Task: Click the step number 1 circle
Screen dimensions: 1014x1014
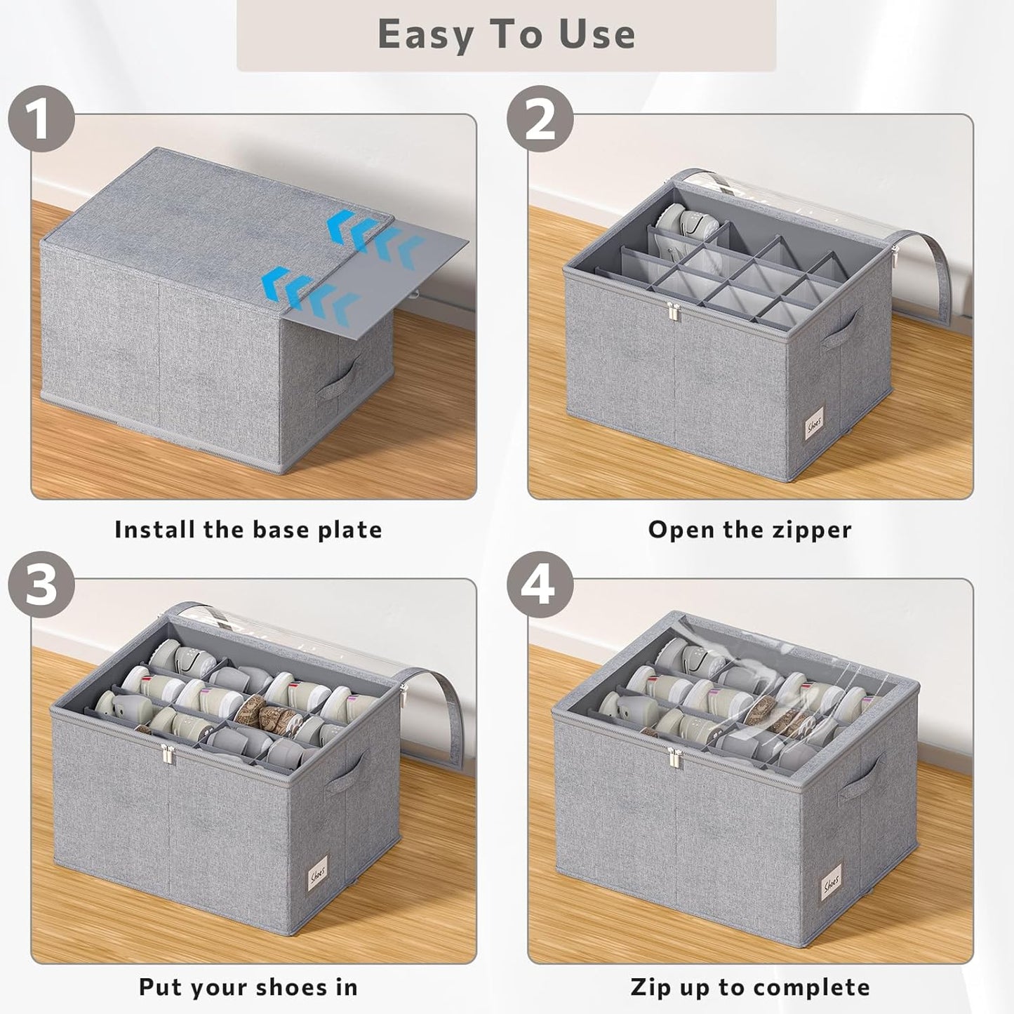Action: (x=41, y=119)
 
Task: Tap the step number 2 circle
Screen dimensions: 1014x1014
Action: (x=540, y=119)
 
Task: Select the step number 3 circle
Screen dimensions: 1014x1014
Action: (x=41, y=585)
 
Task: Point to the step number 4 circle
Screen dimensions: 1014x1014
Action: (x=540, y=585)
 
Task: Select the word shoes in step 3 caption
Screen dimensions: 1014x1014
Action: (x=289, y=987)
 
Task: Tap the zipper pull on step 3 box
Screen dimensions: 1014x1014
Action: (x=167, y=756)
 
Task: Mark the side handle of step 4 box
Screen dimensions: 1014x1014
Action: (x=860, y=777)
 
